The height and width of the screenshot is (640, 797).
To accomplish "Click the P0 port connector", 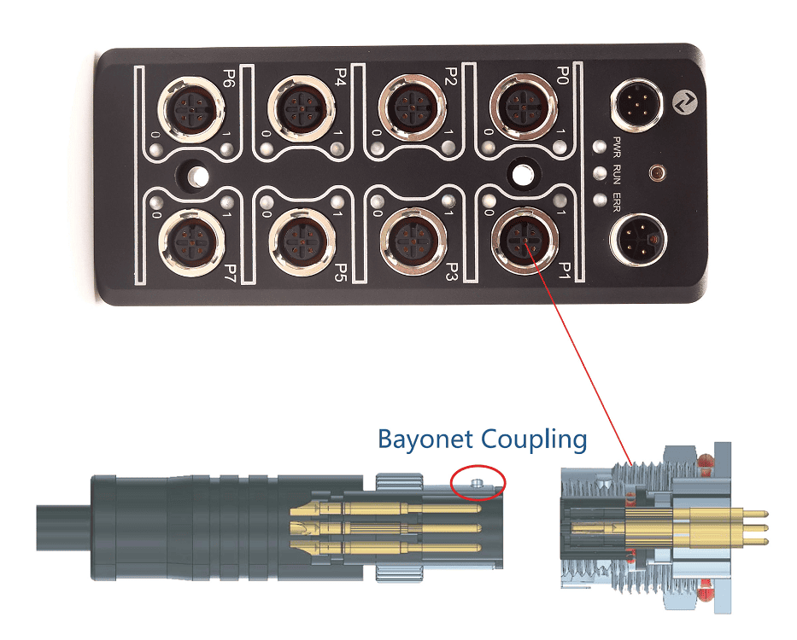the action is (x=523, y=108).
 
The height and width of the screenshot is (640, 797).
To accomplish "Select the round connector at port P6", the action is (x=191, y=108).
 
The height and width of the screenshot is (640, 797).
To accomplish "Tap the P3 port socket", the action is (x=413, y=241).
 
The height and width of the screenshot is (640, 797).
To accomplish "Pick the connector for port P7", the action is (x=191, y=242).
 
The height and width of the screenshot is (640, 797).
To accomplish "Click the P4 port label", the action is (x=340, y=77).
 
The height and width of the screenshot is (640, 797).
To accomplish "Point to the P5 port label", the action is (x=340, y=271).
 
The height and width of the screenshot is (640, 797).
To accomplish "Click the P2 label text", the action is (x=451, y=76).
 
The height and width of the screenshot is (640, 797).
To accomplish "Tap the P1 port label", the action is (x=564, y=271).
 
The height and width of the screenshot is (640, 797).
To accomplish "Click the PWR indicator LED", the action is (x=601, y=147).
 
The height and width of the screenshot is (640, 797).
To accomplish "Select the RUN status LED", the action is (x=601, y=173).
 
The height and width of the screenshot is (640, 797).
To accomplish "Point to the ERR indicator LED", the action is (x=601, y=200).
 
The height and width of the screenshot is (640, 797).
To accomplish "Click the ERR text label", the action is (x=617, y=201).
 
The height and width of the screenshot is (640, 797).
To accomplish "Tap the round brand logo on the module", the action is (x=686, y=103).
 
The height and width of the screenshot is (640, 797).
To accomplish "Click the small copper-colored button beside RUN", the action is (x=657, y=173).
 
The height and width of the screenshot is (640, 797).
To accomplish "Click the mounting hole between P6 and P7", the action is (x=196, y=177).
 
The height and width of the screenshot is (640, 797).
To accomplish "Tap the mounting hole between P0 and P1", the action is (x=523, y=174).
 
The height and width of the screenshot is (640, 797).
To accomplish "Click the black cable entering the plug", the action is (x=63, y=527).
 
